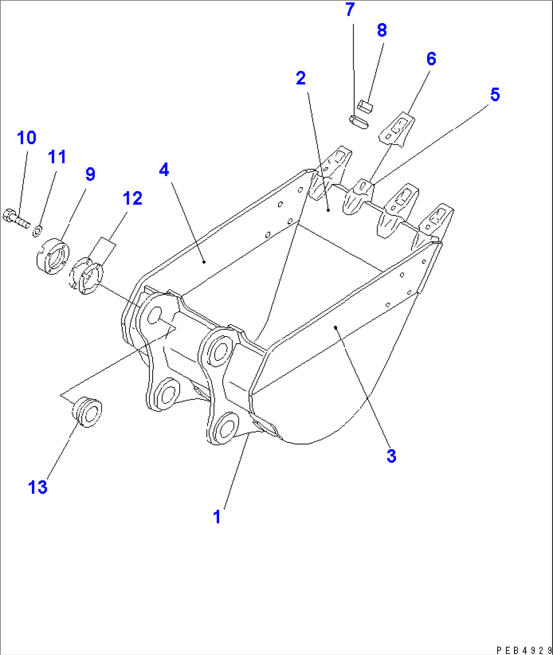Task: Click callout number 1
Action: [217, 517]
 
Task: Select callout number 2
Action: [301, 78]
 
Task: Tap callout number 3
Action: [391, 456]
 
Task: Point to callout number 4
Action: [164, 170]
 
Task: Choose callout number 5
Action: [495, 94]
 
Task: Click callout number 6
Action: [431, 59]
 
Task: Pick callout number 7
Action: [350, 10]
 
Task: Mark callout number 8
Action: [382, 30]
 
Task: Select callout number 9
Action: [90, 174]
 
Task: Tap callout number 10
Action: [26, 137]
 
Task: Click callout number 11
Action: [57, 157]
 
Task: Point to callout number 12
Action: [132, 198]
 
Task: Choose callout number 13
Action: [38, 487]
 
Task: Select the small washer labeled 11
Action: [37, 232]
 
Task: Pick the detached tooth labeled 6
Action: [398, 130]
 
